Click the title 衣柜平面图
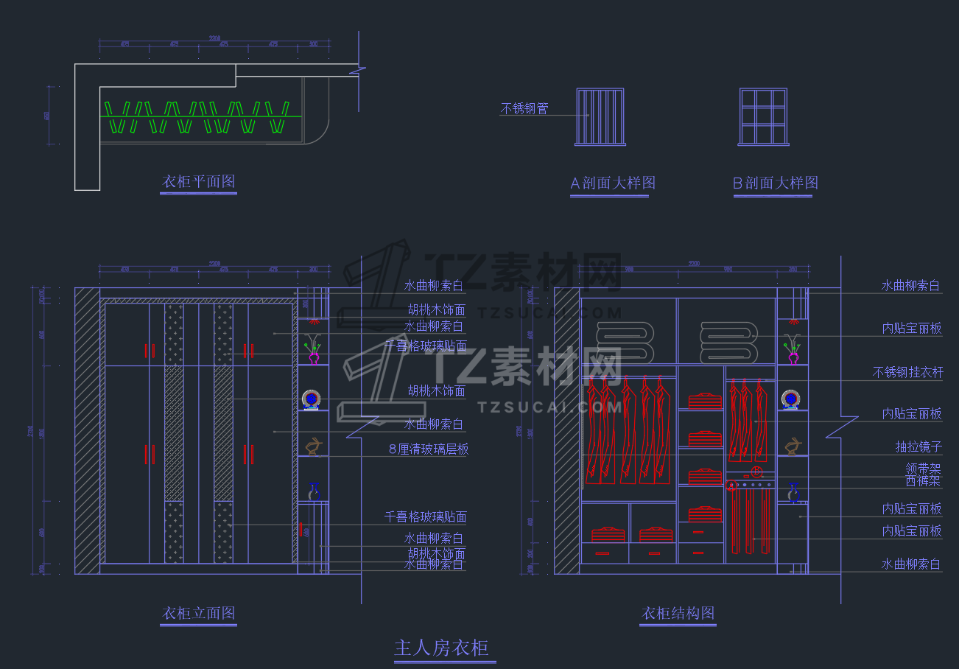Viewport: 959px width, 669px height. click(198, 181)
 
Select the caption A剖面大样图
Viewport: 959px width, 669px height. click(613, 183)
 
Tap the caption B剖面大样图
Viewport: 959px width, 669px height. click(776, 183)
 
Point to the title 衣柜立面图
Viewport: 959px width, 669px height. click(198, 613)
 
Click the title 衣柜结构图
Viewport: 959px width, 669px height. click(678, 613)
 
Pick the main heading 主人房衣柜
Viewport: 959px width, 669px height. click(441, 648)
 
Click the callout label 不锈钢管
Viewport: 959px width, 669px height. click(524, 109)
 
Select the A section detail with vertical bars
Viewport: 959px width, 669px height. click(600, 116)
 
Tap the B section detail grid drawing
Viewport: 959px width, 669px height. click(764, 116)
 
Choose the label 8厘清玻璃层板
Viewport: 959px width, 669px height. click(429, 449)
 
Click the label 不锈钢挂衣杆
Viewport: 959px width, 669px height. click(907, 373)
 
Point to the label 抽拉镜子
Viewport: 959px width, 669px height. click(918, 447)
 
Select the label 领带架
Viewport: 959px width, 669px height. click(923, 469)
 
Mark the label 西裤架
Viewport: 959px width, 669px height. click(923, 481)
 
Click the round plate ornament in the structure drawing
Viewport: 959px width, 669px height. click(792, 399)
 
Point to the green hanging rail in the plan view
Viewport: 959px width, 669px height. click(201, 116)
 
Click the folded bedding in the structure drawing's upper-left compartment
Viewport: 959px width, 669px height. click(625, 341)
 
